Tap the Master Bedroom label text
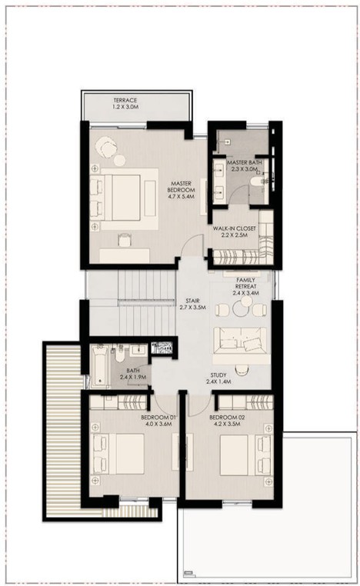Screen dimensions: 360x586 pos(181,186)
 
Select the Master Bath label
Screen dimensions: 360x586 pos(245,162)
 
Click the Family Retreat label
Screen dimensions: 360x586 pos(245,283)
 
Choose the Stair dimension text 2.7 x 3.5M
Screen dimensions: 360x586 pos(192,307)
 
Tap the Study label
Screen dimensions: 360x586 pos(218,375)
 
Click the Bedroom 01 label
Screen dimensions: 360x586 pos(158,418)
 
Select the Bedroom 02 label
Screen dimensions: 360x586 pos(227,418)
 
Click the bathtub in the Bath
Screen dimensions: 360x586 pos(99,366)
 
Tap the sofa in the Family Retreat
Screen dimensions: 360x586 pos(240,341)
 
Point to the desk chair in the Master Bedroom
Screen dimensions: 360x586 pos(124,240)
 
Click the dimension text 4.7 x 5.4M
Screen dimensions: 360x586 pos(182,196)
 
